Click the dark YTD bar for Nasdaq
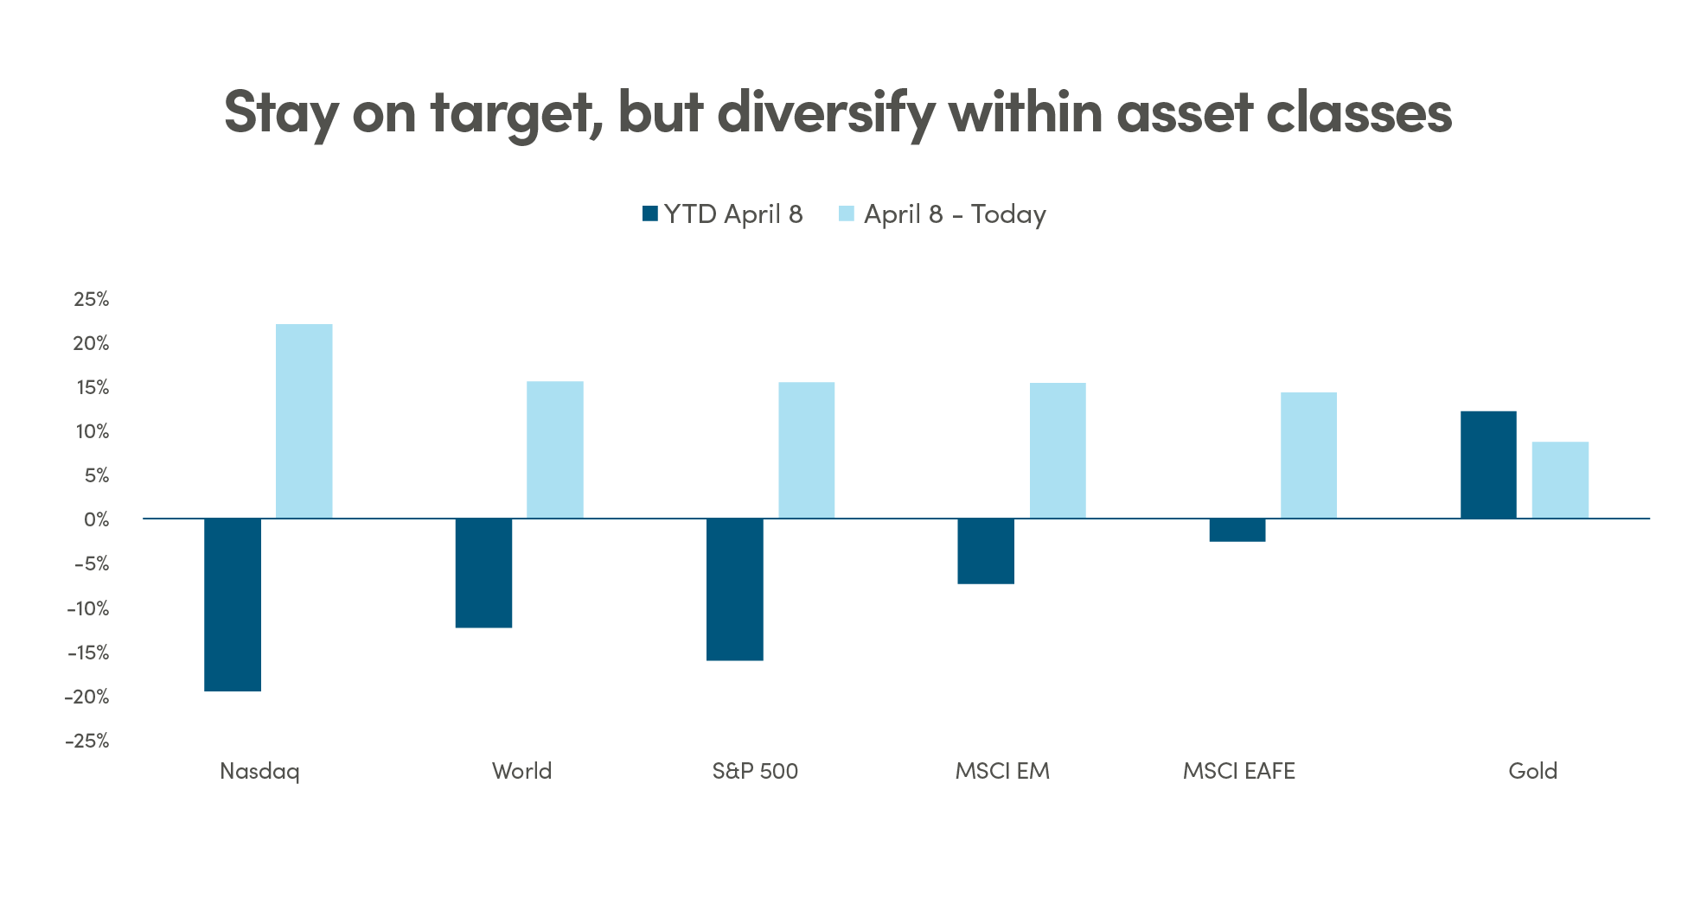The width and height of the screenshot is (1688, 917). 233,605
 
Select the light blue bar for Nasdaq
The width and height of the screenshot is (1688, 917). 304,422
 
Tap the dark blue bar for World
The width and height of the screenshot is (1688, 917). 483,573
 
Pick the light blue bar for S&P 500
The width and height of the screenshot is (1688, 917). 806,450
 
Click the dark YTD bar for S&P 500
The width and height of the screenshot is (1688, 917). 734,589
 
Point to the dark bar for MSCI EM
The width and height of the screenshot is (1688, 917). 985,551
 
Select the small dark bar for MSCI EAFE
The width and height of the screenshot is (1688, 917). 1237,531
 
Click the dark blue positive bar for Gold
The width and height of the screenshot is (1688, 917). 1487,465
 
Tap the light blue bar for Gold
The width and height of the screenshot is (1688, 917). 1559,481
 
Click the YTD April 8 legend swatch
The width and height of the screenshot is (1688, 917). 650,213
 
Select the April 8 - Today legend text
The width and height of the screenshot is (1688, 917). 955,214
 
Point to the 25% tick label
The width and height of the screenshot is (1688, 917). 92,299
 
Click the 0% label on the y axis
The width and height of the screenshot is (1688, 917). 97,519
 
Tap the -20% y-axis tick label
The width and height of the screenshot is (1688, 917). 87,697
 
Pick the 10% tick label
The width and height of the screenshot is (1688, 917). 93,431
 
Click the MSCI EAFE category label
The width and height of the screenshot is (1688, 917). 1238,771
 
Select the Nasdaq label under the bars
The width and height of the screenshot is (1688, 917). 259,771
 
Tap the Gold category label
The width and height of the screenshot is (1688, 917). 1531,771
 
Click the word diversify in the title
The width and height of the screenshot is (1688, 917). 826,112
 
